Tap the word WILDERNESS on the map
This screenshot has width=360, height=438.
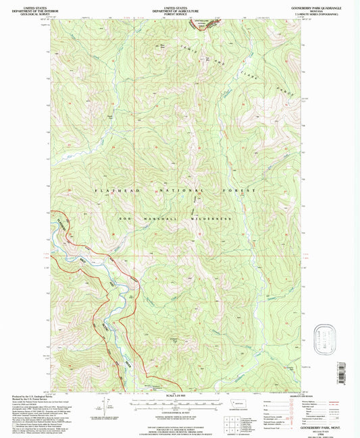215,219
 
